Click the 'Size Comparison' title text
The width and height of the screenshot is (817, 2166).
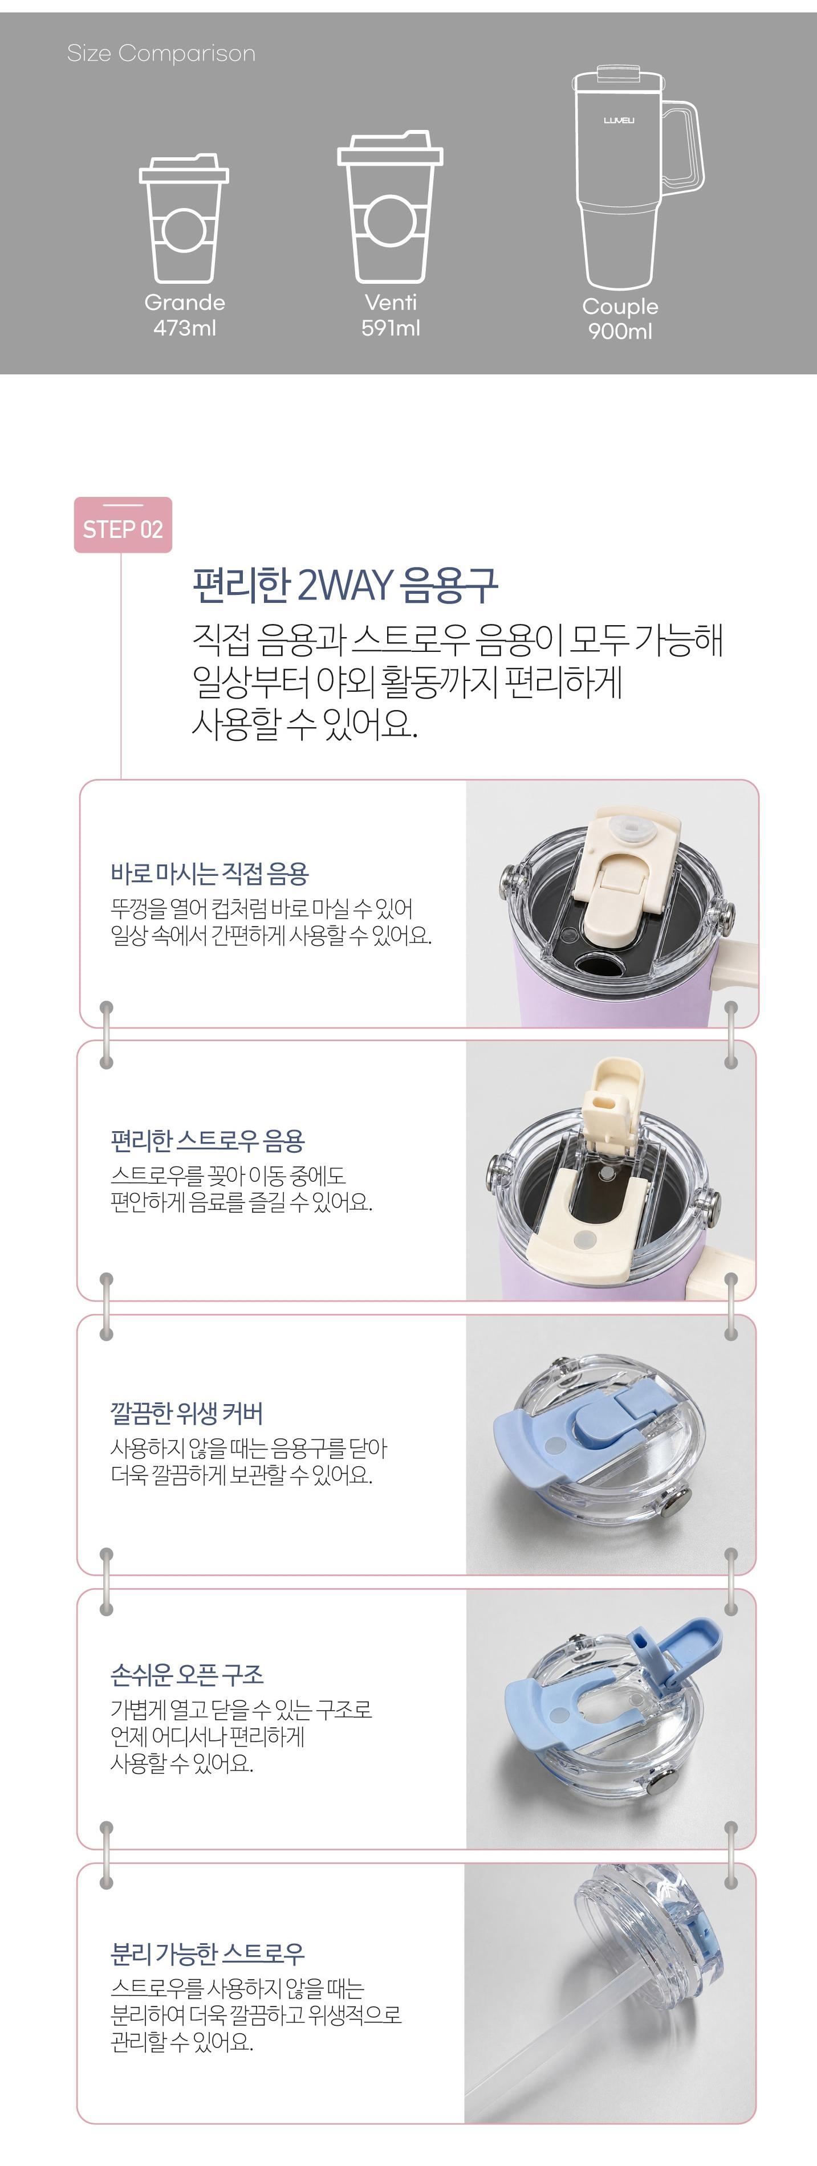coord(161,54)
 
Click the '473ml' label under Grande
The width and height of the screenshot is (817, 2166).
coord(184,328)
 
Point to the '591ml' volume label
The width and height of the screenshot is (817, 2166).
coord(391,328)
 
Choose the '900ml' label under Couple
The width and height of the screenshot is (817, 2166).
coord(620,331)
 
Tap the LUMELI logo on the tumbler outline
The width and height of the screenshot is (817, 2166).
coord(619,120)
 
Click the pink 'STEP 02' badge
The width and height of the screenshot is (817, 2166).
coord(123,525)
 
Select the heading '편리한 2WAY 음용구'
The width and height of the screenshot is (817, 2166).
coord(345,585)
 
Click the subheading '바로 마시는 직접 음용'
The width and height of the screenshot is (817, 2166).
coord(209,873)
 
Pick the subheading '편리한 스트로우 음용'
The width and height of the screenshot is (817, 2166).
coord(207,1140)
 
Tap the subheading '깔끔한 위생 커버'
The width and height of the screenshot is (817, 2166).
coord(187,1413)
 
